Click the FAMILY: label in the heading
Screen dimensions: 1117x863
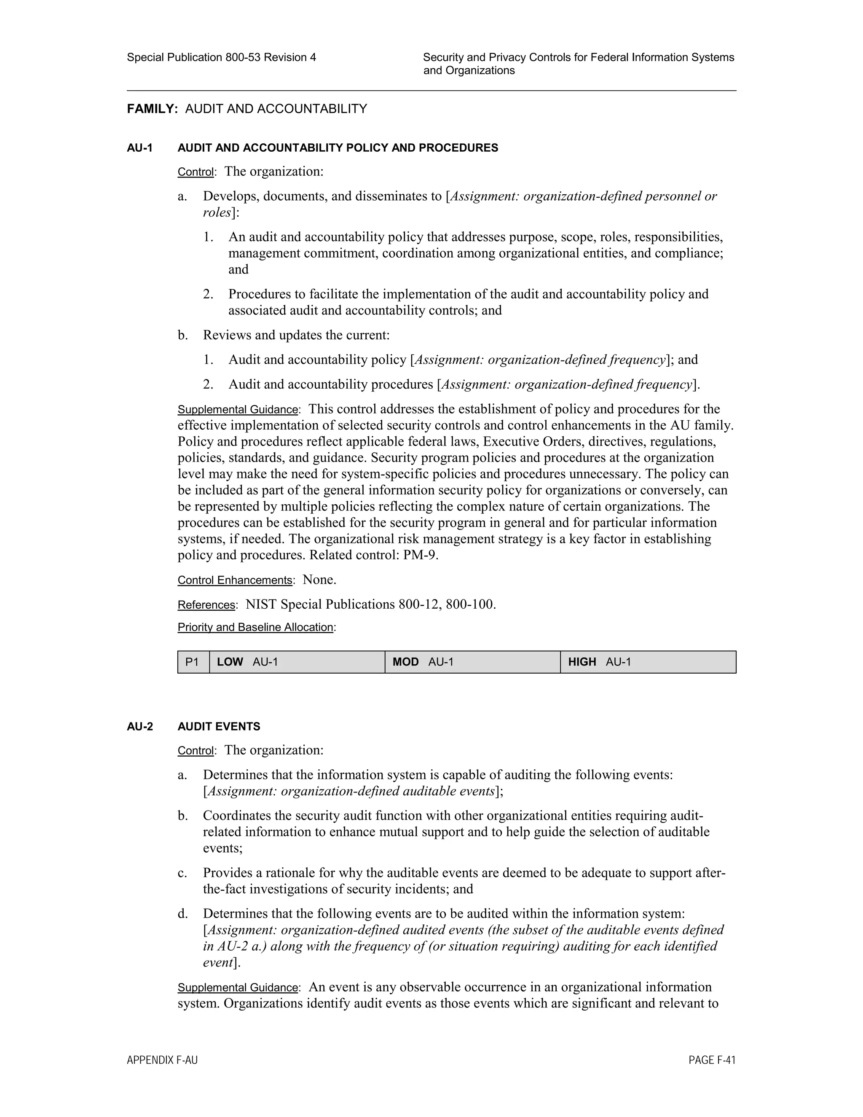point(152,109)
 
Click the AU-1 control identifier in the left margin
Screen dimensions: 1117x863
point(139,148)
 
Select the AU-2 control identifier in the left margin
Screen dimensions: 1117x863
point(139,726)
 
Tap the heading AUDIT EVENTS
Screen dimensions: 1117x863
point(219,726)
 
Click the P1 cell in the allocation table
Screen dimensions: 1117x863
point(193,662)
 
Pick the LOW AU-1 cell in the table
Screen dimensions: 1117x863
point(297,662)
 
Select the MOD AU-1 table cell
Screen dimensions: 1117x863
point(472,662)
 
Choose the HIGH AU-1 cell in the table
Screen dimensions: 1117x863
point(648,662)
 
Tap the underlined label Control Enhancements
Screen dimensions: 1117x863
point(235,580)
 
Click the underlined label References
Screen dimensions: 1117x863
point(206,605)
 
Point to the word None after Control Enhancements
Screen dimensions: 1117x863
point(318,580)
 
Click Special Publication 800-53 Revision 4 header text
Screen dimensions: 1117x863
point(221,57)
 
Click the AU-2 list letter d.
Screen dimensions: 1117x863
point(182,913)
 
